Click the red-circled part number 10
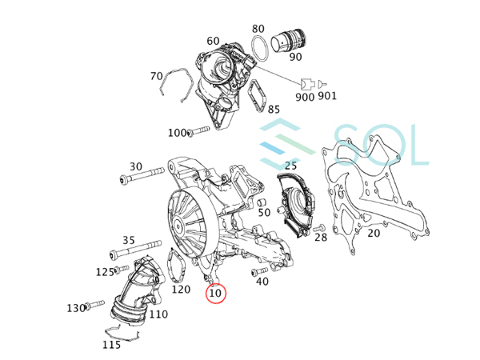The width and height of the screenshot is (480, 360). (215, 294)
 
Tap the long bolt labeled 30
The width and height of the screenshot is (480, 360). (142, 174)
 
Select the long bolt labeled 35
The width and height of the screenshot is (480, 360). (135, 250)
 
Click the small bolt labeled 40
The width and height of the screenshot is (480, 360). (259, 271)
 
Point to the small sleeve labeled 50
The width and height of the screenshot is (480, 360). (261, 202)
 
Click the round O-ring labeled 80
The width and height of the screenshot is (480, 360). (260, 48)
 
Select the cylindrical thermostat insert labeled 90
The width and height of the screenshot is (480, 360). (288, 42)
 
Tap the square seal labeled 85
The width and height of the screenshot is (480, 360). (258, 96)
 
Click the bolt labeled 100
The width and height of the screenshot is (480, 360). (198, 131)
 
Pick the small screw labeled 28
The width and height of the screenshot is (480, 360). (319, 228)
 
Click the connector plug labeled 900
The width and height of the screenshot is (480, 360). (307, 83)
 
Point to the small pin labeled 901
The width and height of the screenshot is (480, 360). (322, 83)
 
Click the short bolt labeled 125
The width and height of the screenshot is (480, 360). (122, 269)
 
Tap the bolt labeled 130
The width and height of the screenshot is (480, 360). (94, 305)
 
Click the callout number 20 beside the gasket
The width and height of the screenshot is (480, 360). (374, 234)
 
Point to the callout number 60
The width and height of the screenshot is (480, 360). (213, 41)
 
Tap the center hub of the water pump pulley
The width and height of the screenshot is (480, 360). (178, 227)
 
